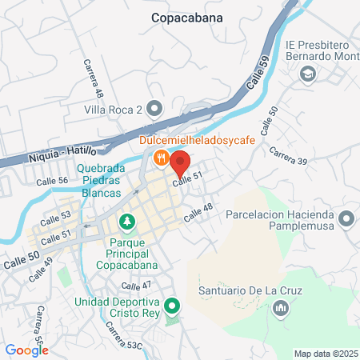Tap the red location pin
(179, 163)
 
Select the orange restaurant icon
(161, 158)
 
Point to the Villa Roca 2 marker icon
(156, 109)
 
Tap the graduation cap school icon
(307, 74)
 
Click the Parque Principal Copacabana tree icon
(126, 221)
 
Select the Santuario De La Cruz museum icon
(280, 308)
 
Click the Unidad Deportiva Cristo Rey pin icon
(170, 306)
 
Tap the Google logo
(26, 350)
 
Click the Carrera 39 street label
(288, 156)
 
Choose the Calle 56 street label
(52, 182)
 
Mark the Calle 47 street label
(135, 286)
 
